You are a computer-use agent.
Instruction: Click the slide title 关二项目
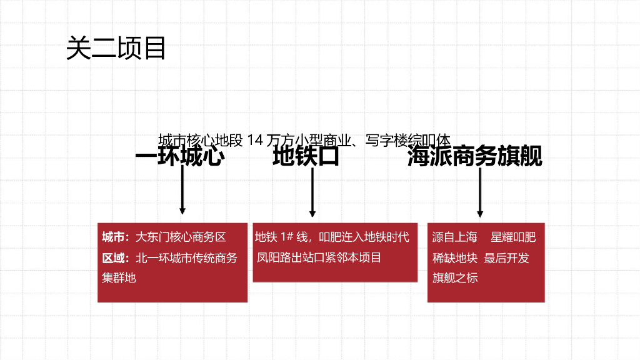[x=116, y=48]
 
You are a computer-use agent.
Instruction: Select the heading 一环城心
[x=179, y=156]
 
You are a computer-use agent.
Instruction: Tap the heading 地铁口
[x=306, y=156]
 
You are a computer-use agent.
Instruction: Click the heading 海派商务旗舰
[x=474, y=156]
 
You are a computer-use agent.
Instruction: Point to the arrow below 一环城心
[x=182, y=191]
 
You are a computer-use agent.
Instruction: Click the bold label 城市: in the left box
[x=116, y=237]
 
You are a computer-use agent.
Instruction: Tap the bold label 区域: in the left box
[x=116, y=257]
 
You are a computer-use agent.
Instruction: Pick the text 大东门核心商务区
[x=181, y=237]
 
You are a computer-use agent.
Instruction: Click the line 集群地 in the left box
[x=119, y=277]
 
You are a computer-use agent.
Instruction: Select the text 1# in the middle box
[x=287, y=237]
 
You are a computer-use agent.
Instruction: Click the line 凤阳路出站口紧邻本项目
[x=318, y=257]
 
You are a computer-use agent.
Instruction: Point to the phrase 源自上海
[x=454, y=237]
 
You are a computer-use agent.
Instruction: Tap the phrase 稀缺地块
[x=454, y=257]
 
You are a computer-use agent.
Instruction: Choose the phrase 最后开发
[x=506, y=257]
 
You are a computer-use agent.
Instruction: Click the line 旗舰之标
[x=454, y=277]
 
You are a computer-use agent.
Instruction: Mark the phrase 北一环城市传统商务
[x=186, y=257]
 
